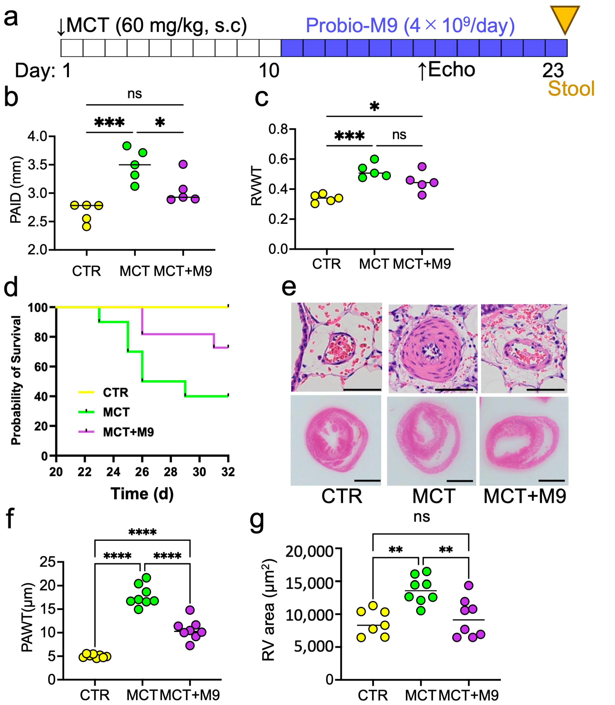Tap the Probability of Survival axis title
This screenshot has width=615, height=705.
coord(16,380)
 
